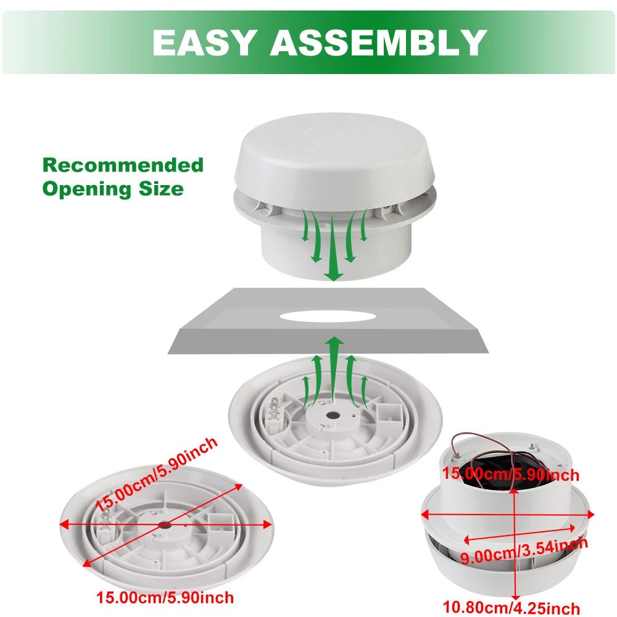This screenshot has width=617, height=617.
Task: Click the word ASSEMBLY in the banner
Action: (x=378, y=43)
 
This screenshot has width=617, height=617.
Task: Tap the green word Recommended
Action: (x=123, y=165)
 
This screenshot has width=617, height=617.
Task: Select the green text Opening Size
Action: (x=113, y=189)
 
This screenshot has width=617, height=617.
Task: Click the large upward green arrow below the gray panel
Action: (x=334, y=364)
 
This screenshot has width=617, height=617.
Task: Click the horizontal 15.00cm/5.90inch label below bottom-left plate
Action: (x=165, y=597)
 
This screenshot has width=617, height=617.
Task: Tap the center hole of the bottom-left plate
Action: (x=165, y=524)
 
